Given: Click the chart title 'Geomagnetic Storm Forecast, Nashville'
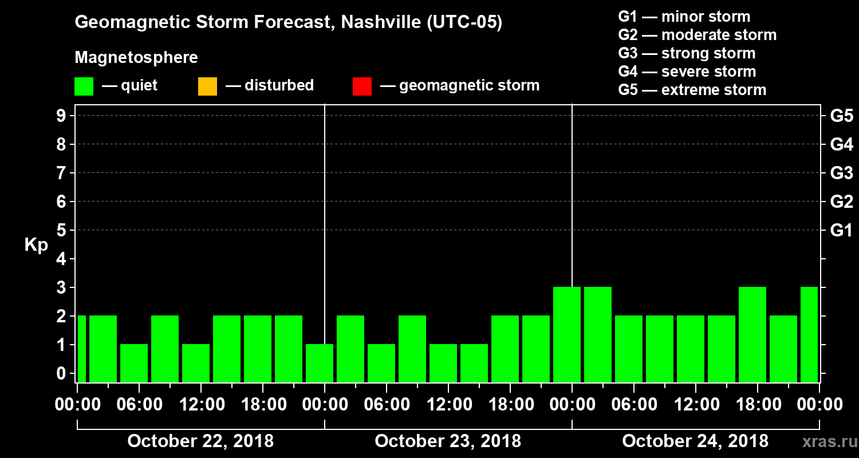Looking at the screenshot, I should click(x=289, y=23).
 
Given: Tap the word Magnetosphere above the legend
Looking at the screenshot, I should click(x=136, y=58).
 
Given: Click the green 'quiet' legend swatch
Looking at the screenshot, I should click(x=84, y=86).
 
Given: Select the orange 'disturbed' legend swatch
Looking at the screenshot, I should click(x=207, y=86).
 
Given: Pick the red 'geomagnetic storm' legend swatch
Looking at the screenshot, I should click(x=362, y=86).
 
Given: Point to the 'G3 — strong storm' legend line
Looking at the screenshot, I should click(x=687, y=53).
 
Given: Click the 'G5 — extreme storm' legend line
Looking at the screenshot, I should click(x=692, y=90).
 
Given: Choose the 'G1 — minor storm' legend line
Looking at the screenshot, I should click(x=684, y=17).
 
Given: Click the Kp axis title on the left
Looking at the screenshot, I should click(x=36, y=245).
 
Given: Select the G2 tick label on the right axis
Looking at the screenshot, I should click(x=841, y=202).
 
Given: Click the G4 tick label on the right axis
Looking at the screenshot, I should click(x=841, y=144).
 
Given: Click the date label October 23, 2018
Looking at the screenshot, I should click(x=448, y=441).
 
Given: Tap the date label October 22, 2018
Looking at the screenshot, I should click(x=200, y=441).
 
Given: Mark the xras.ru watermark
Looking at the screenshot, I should click(x=825, y=442).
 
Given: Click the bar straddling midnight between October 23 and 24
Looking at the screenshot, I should click(x=567, y=334).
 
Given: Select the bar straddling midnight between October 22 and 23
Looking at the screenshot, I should click(x=320, y=363).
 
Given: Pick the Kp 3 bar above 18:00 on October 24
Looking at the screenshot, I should click(x=752, y=334).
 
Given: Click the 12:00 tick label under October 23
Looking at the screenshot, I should click(x=448, y=405).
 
